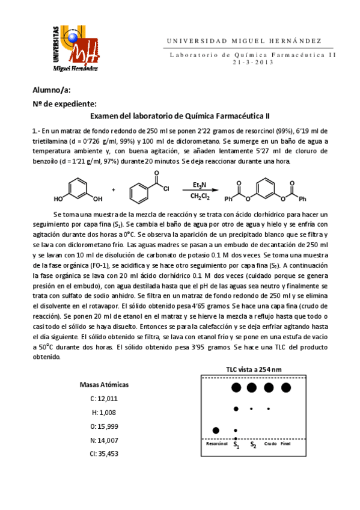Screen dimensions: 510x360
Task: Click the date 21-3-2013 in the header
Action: click(x=252, y=62)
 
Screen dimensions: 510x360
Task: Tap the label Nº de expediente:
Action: click(x=64, y=103)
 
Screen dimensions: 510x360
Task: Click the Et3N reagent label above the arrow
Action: click(x=201, y=184)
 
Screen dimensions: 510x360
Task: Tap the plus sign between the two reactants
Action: click(x=113, y=189)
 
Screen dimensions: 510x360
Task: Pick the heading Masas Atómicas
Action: click(x=104, y=384)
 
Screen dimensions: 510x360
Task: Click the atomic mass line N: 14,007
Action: click(x=104, y=440)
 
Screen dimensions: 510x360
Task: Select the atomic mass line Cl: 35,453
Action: click(x=104, y=453)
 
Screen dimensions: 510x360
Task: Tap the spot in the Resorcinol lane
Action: click(x=216, y=429)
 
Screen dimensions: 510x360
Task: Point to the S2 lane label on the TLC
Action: click(x=254, y=445)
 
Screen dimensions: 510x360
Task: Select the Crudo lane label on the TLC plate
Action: click(x=270, y=444)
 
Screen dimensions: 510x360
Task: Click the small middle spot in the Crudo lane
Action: click(x=268, y=409)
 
